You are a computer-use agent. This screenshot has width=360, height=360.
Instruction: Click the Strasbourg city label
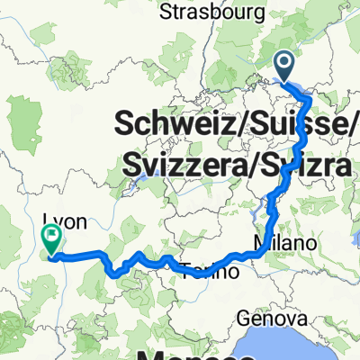coord(212,12)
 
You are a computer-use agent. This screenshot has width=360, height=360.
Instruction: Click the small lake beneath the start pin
coord(297,87)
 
